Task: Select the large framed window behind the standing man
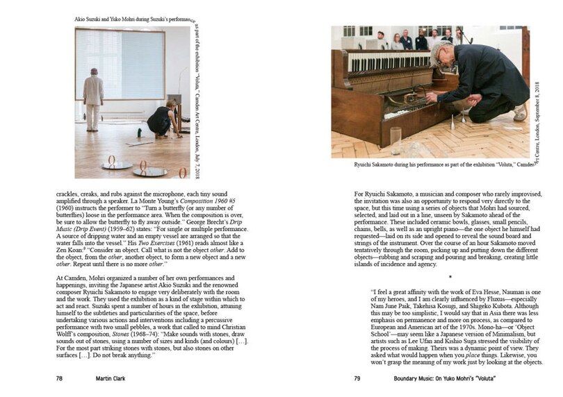pos(120,65)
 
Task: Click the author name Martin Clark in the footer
pos(113,380)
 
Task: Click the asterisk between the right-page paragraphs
pos(439,277)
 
